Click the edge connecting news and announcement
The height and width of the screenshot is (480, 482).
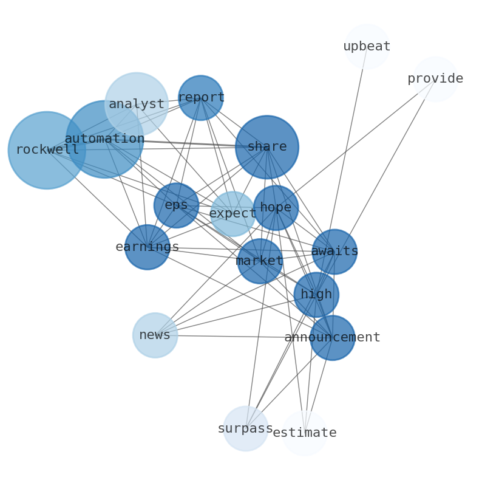(231, 336)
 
